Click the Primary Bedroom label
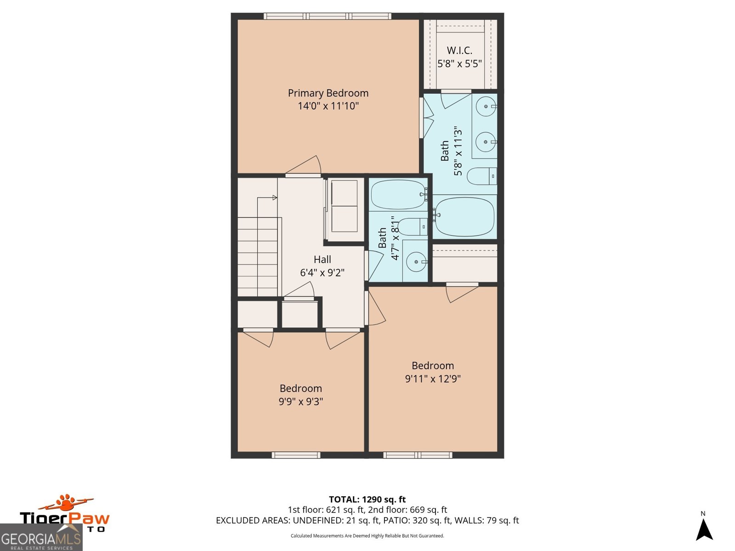(x=328, y=93)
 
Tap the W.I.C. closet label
(x=459, y=51)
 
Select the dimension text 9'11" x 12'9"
(x=433, y=379)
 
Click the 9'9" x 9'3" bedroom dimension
(x=301, y=401)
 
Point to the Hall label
(x=322, y=259)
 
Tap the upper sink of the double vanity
(x=486, y=107)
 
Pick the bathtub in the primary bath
(x=464, y=216)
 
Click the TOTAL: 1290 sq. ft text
(x=367, y=499)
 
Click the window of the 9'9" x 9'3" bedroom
(x=296, y=455)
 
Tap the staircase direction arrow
(x=274, y=198)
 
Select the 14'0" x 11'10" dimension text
(x=328, y=106)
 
